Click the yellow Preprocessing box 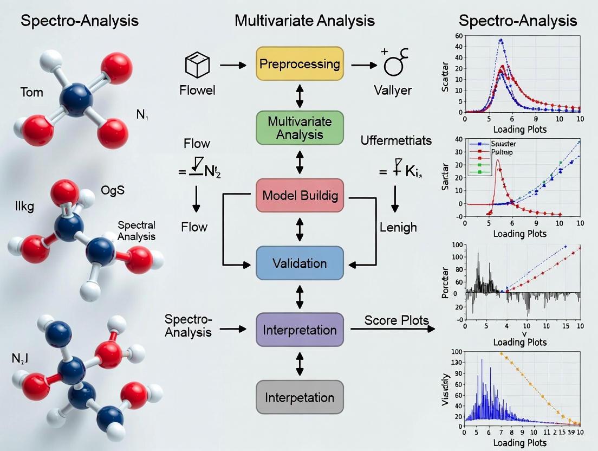tap(300, 64)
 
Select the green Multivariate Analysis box tap(300, 127)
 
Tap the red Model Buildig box tap(300, 196)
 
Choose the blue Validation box tap(300, 263)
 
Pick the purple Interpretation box tap(300, 330)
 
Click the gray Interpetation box tap(300, 397)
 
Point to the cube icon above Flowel tap(197, 65)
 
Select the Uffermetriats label tap(396, 141)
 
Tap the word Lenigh tap(398, 227)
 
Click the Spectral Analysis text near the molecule tap(136, 230)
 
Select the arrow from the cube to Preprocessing tap(233, 65)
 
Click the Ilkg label tap(24, 207)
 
